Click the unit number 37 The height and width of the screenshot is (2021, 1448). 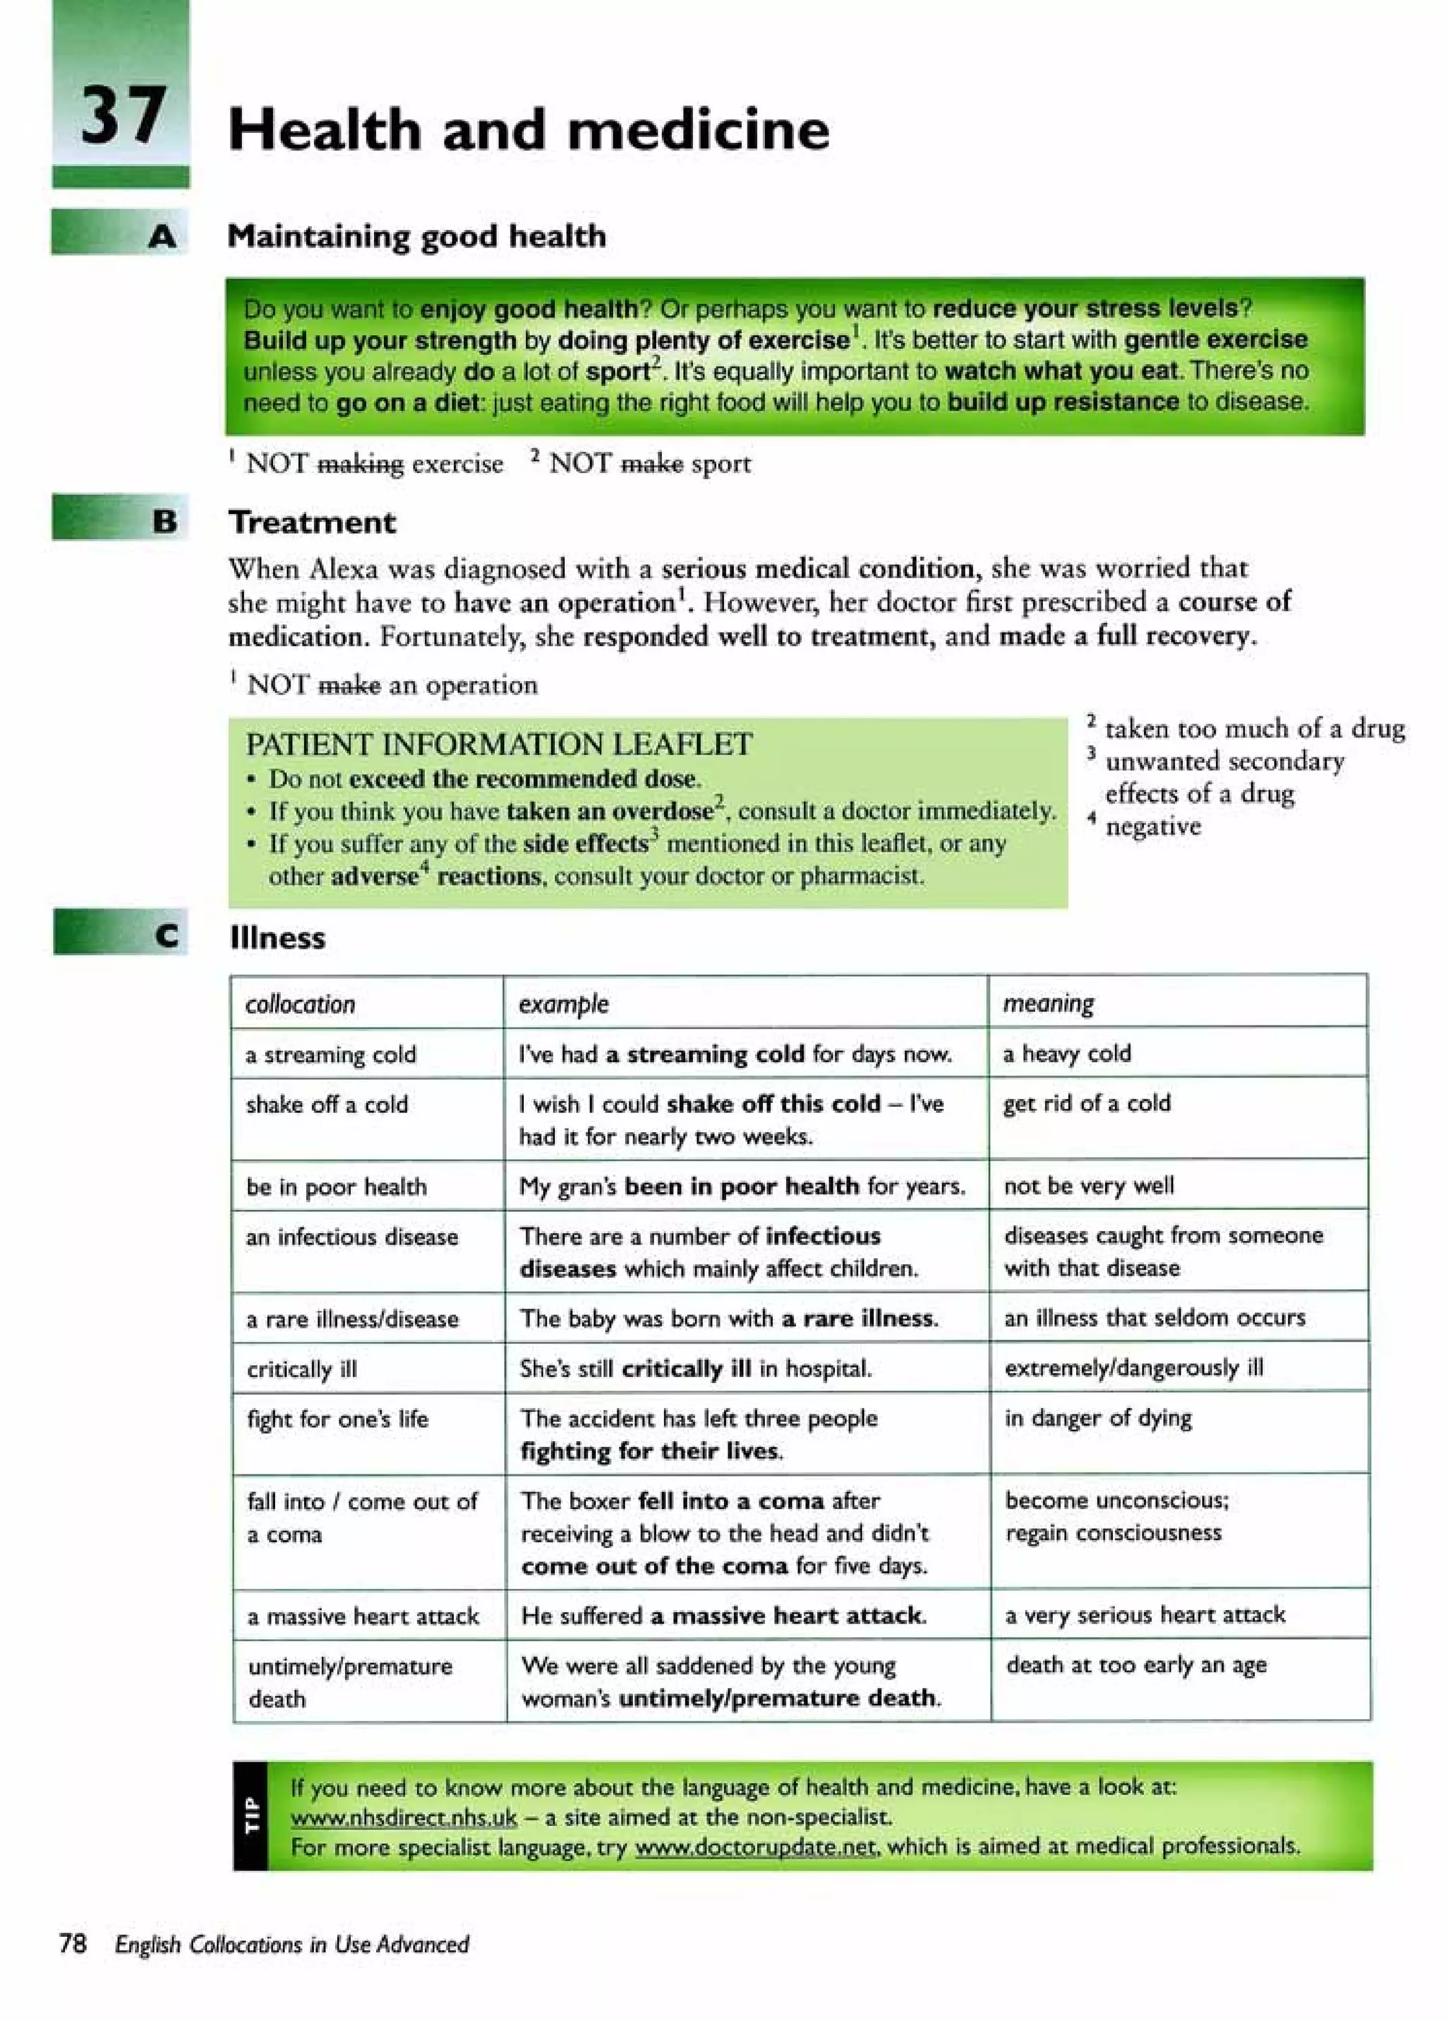[x=122, y=115]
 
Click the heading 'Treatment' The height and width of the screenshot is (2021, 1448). [x=311, y=522]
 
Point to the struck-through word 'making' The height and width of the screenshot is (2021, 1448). [x=360, y=465]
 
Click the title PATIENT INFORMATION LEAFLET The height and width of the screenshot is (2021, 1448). [x=498, y=744]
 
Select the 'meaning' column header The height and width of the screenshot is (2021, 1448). [x=1048, y=1003]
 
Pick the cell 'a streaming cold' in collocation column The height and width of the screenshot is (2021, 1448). [x=331, y=1054]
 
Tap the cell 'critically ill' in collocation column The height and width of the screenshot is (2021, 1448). [x=301, y=1369]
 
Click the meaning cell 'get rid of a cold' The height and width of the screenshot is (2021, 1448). [x=1086, y=1103]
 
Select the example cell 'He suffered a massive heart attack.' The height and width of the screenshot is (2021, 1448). [x=723, y=1616]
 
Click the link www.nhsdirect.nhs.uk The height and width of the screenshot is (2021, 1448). [x=404, y=1816]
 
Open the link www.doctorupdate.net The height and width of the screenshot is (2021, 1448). [x=757, y=1846]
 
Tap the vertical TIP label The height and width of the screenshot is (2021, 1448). [x=250, y=1815]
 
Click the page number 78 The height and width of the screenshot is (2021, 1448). [x=72, y=1943]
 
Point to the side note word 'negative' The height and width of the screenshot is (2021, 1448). [x=1152, y=826]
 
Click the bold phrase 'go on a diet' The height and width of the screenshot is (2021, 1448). [x=408, y=403]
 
